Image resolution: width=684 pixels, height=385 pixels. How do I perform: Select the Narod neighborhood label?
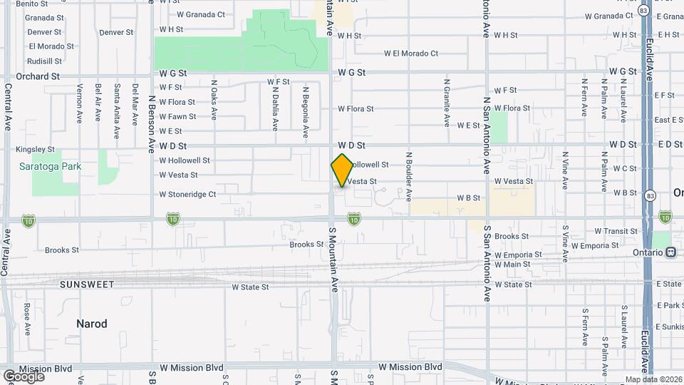[x=92, y=324]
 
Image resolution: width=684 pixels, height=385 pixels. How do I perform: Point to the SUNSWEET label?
[x=87, y=284]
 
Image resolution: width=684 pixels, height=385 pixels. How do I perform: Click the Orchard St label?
[x=38, y=76]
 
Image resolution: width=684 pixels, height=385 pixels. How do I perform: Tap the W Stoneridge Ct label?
[x=187, y=194]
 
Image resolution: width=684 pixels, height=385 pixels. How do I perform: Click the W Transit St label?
[x=616, y=231]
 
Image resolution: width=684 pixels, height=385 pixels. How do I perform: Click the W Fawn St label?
[x=177, y=117]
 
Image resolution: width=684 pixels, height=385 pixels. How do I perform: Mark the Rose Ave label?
[x=26, y=319]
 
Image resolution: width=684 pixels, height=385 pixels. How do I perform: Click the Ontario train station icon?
[x=670, y=252]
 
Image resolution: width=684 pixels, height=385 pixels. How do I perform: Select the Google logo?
[x=24, y=376]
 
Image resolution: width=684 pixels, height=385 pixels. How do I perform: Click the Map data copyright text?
[x=653, y=379]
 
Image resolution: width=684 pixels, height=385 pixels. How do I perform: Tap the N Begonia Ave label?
[x=306, y=112]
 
